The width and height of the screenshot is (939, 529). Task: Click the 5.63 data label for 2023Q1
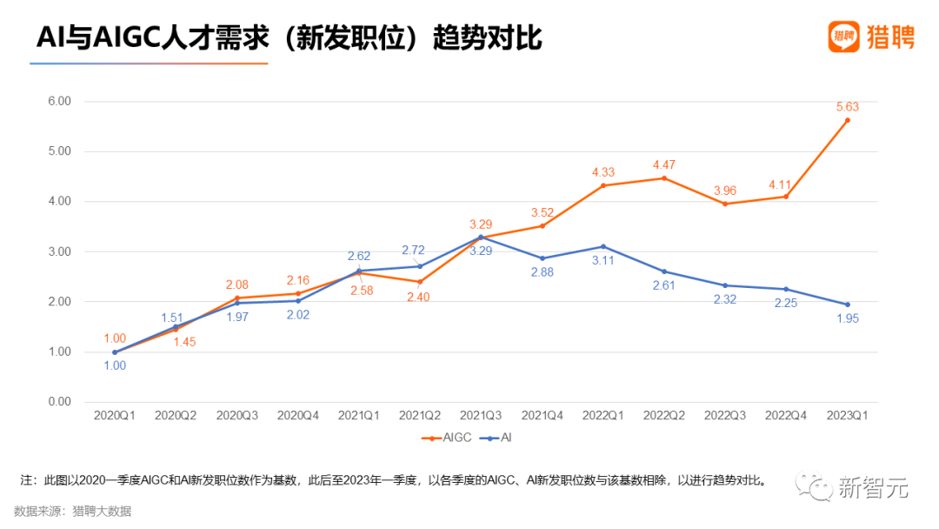point(847,108)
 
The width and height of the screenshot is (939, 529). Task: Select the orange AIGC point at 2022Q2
point(664,178)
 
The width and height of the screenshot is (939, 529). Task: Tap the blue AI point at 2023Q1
point(847,305)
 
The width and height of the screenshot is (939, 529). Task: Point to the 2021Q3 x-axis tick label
point(481,417)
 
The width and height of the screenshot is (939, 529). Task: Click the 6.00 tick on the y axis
point(59,101)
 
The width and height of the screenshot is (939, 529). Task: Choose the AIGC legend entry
point(447,438)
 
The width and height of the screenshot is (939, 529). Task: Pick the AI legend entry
point(503,438)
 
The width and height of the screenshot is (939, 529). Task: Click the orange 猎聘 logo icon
point(842,37)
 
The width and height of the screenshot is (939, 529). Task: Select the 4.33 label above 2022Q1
point(603,172)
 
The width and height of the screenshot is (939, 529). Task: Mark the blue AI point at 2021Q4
point(542,258)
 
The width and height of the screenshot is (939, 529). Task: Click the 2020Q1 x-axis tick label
point(114,417)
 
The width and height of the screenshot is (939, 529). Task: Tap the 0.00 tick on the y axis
point(59,402)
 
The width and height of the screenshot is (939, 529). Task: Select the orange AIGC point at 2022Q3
point(725,204)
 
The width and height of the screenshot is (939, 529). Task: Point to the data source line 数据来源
point(72,512)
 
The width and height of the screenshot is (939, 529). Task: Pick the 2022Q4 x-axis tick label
point(786,417)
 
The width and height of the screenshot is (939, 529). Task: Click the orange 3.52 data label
point(542,212)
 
